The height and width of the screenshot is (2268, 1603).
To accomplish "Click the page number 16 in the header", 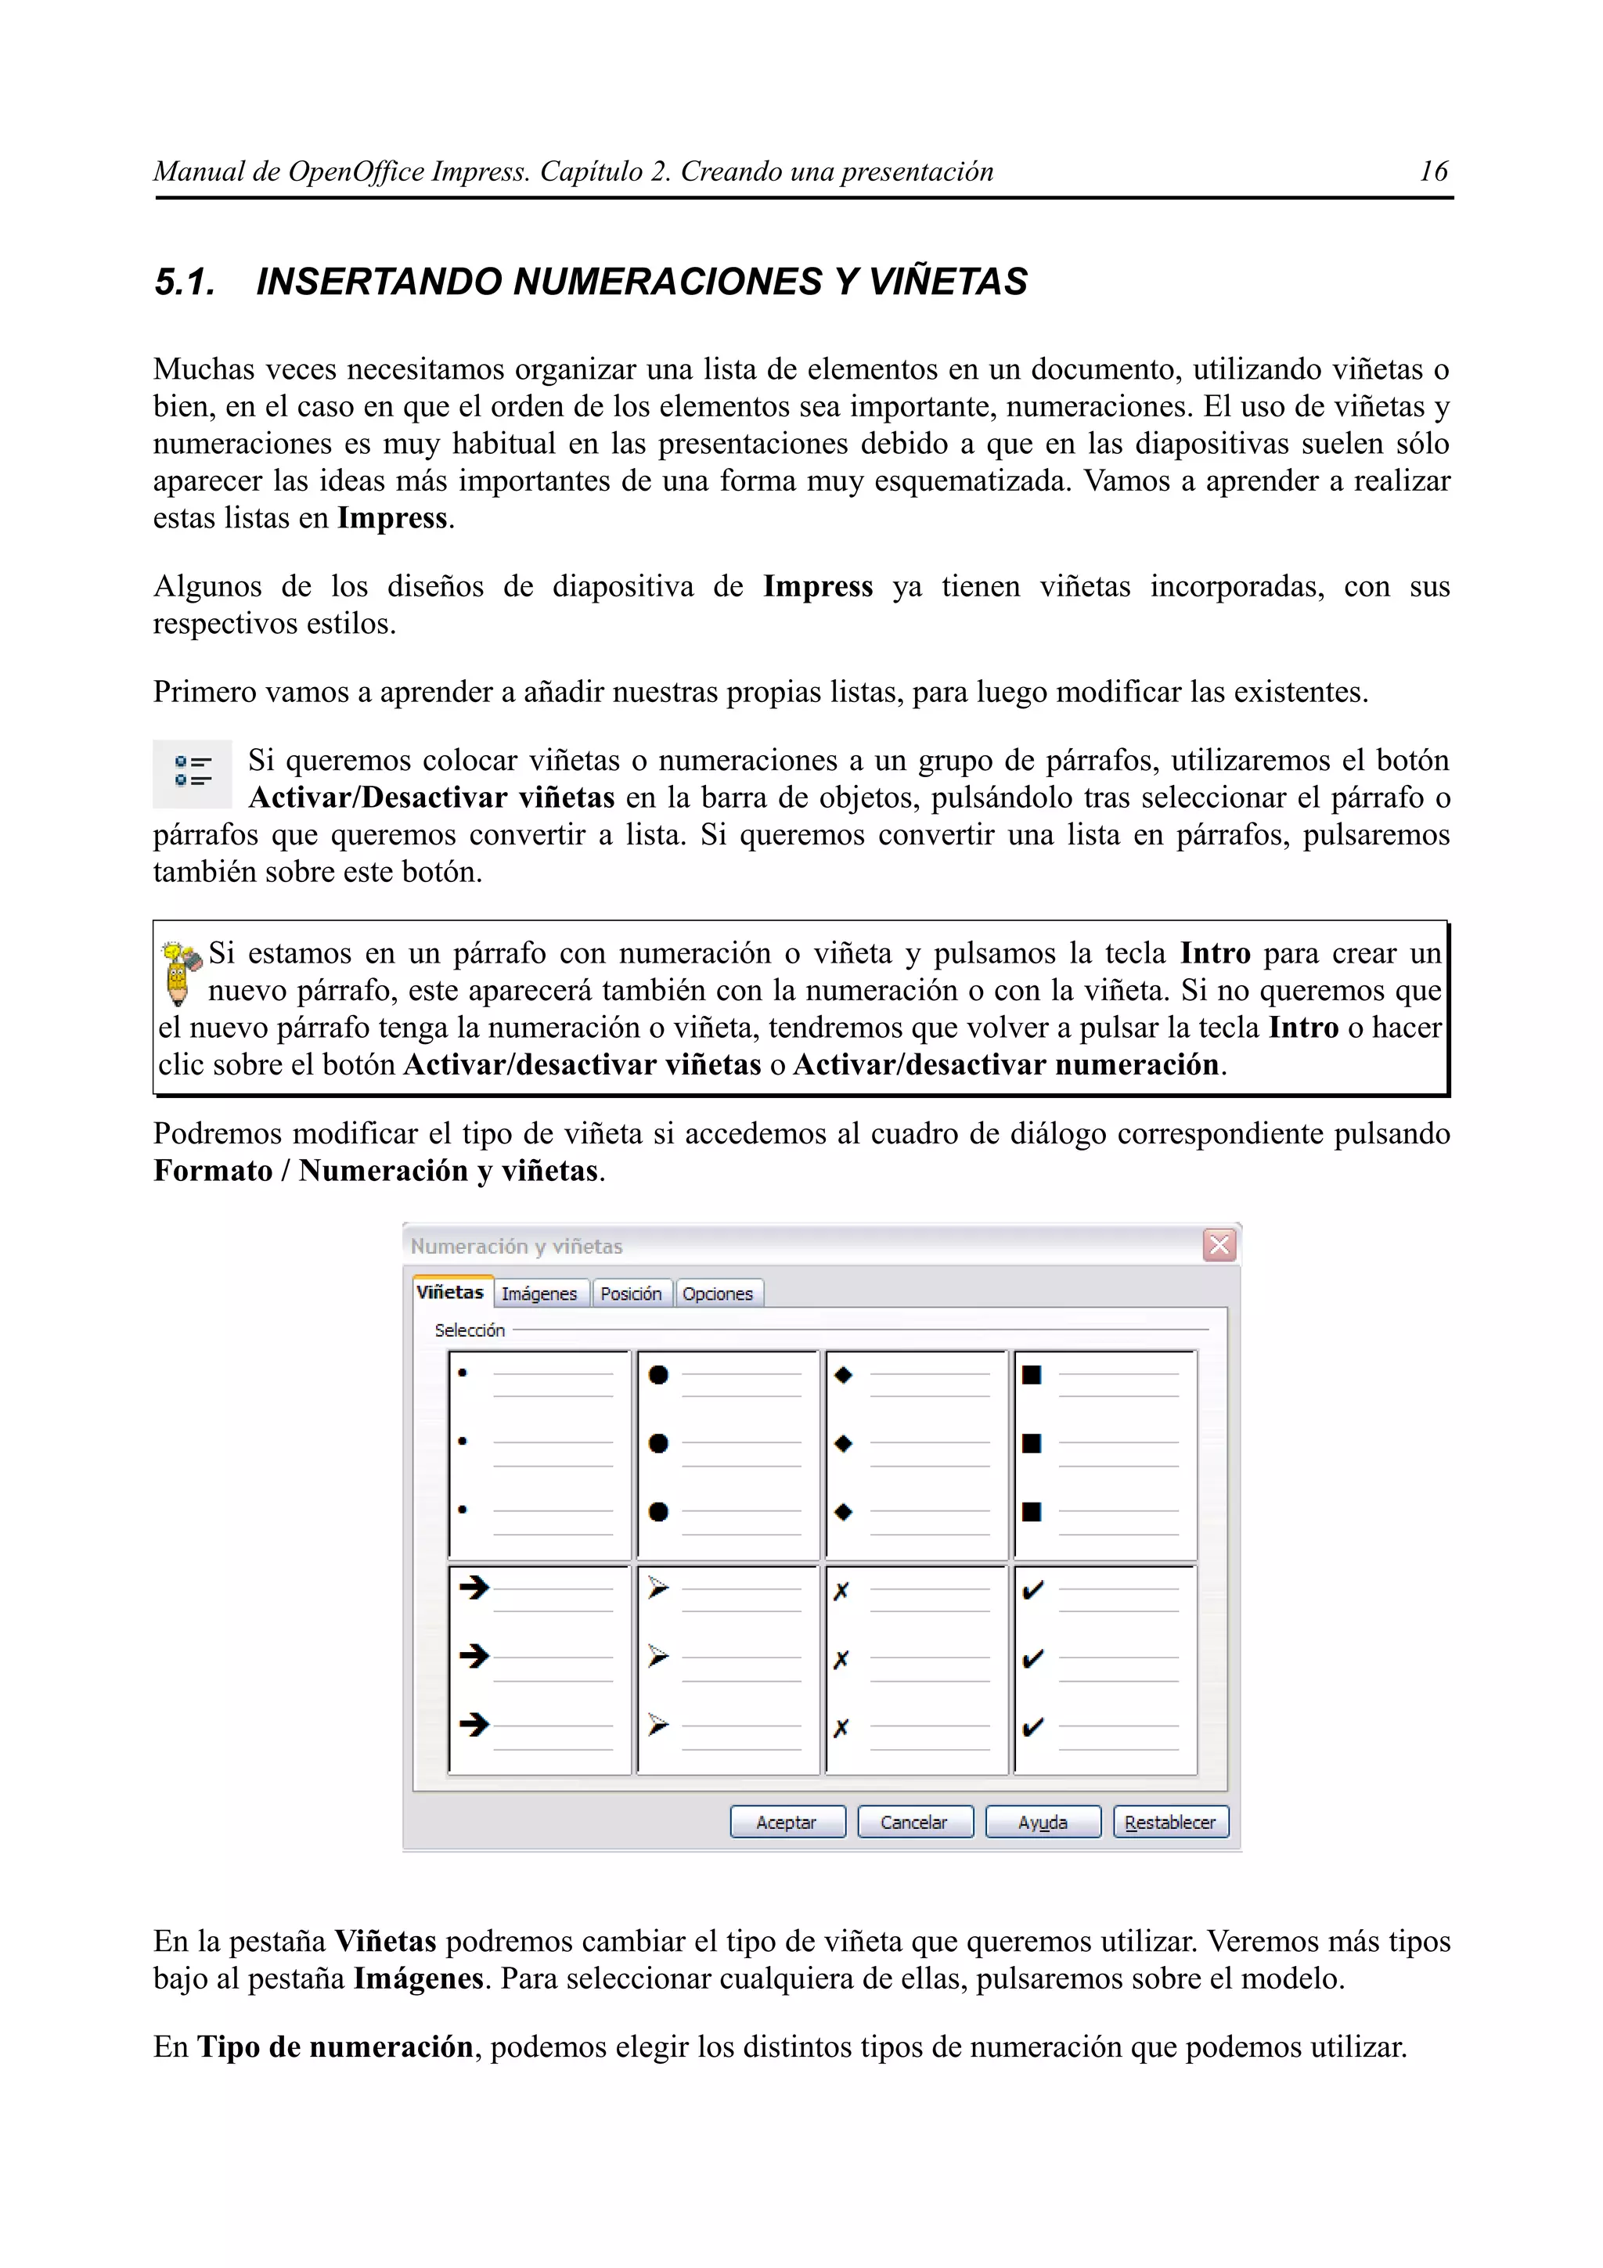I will point(1432,172).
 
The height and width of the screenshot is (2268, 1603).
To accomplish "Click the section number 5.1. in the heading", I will point(185,283).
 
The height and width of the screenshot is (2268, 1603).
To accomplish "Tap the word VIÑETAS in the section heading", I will point(947,283).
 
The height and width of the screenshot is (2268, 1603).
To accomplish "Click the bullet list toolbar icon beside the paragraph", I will point(193,772).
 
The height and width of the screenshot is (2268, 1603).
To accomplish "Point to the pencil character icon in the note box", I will point(180,972).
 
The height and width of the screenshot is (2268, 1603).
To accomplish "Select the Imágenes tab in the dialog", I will point(539,1293).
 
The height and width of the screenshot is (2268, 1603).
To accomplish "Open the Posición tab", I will point(631,1293).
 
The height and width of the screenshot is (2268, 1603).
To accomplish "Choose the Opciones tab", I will point(717,1293).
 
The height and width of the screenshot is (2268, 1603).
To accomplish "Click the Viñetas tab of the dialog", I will point(450,1292).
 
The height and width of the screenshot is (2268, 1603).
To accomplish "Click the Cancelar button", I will point(914,1823).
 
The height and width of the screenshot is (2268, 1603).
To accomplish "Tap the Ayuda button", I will point(1042,1823).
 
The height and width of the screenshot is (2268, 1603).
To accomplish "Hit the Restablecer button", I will point(1170,1823).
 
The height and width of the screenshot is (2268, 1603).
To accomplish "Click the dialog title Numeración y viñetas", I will point(517,1247).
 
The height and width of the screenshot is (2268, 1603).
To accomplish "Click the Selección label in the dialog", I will point(469,1330).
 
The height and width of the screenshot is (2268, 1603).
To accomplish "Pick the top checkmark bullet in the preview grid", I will point(1032,1590).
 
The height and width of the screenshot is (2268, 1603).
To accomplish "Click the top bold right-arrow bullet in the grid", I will point(474,1587).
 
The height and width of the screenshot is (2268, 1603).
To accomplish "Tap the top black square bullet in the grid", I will point(1031,1375).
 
